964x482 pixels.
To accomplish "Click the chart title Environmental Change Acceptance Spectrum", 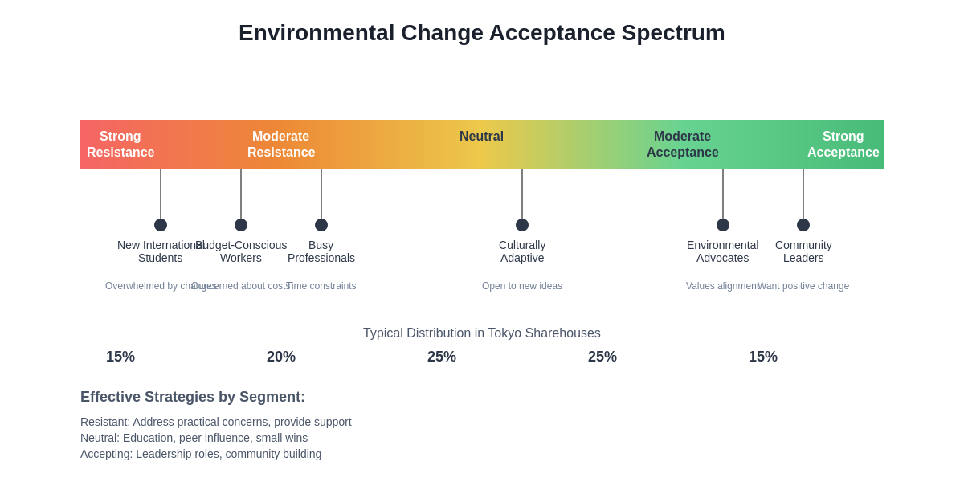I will (x=481, y=33).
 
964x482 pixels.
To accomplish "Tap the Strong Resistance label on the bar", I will (x=120, y=145).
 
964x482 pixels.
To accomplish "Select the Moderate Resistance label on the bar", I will (x=281, y=145).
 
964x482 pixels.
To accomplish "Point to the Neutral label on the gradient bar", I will (x=481, y=137).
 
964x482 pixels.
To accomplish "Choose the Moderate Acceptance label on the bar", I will (x=682, y=145).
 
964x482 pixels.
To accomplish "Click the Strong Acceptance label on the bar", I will (x=843, y=145).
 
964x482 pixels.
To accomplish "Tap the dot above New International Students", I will (x=161, y=225).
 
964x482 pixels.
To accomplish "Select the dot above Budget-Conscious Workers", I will (x=241, y=225).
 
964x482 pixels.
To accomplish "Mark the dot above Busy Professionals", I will (x=321, y=225).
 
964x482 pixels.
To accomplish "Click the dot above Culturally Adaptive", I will (x=522, y=225).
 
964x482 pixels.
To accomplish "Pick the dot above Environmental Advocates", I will (x=723, y=225).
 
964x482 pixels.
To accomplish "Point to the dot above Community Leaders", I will (x=803, y=225).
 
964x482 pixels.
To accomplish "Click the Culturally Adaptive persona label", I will (x=522, y=251).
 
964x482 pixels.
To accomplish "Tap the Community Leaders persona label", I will (x=803, y=251).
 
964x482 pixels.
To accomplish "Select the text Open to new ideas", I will (x=522, y=286).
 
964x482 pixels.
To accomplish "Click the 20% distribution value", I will (x=281, y=357).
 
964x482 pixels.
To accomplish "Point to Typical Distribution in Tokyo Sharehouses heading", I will (x=481, y=333).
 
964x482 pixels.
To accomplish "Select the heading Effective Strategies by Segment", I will (x=193, y=397).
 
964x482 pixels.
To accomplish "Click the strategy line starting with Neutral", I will (x=194, y=438).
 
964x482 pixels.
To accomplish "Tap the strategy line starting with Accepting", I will (x=201, y=454).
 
